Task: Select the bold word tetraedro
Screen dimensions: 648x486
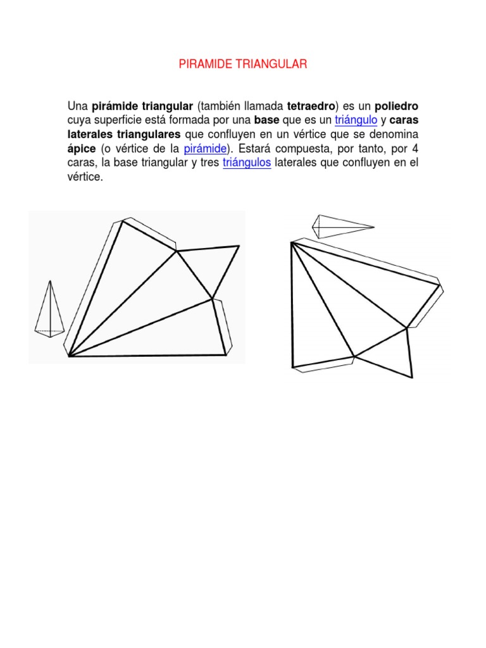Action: tap(310, 105)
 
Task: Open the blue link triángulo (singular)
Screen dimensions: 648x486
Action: tap(356, 120)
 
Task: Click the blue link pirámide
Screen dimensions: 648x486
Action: tap(205, 149)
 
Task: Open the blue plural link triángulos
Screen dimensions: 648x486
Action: tap(247, 163)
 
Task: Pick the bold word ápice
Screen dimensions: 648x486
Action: tap(81, 149)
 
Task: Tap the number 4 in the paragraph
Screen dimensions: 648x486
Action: tap(415, 149)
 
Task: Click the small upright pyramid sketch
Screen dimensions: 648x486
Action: tap(49, 308)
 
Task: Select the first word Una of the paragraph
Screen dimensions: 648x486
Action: tap(78, 105)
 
